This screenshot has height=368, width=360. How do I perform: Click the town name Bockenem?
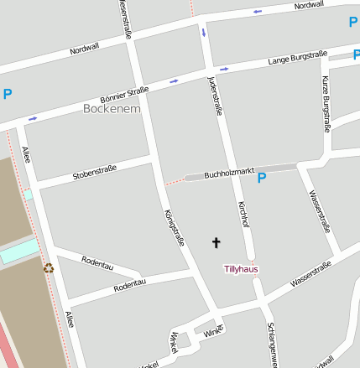[x=112, y=109]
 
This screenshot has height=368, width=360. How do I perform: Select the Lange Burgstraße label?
[x=297, y=58]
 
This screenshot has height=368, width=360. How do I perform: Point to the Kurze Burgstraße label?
[x=325, y=105]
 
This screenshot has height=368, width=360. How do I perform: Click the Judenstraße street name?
[x=214, y=95]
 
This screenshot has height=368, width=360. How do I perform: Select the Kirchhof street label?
[x=243, y=214]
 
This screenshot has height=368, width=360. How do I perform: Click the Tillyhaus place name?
[x=241, y=269]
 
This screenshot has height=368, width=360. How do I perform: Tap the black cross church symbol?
[x=216, y=243]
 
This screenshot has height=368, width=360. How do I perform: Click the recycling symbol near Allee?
[x=49, y=268]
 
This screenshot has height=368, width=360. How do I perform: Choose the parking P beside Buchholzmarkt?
[x=261, y=178]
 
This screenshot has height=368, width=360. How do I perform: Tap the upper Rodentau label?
[x=98, y=262]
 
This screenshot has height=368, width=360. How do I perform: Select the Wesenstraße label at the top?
[x=125, y=18]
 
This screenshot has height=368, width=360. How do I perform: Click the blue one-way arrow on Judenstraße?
[x=203, y=33]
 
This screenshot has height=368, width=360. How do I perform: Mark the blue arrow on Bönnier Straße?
[x=174, y=81]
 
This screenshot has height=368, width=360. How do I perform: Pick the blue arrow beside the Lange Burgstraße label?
[x=224, y=69]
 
